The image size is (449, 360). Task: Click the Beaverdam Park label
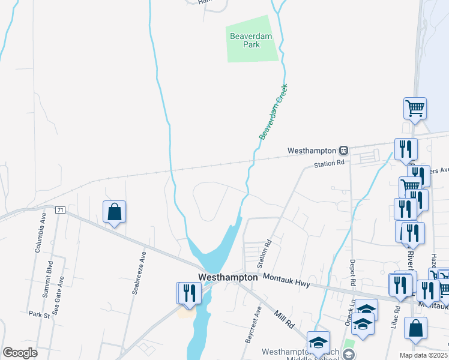251,40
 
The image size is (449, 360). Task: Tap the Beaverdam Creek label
274,112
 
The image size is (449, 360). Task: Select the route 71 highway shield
59,210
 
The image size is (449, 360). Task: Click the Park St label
38,314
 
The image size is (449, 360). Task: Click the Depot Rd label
354,274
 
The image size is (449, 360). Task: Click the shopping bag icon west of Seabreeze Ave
114,212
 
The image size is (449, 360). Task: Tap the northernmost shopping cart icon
415,109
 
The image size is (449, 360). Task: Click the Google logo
20,353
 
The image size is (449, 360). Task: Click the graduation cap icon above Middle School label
318,342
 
